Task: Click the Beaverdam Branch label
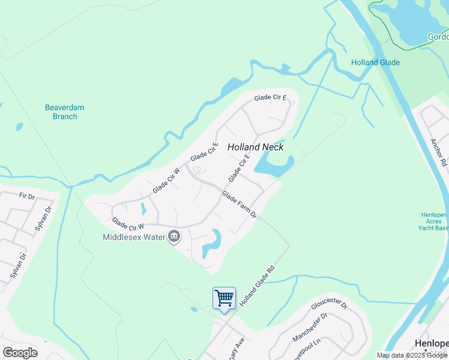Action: (65, 112)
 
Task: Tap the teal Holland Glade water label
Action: (375, 62)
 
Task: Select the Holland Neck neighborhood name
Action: (255, 147)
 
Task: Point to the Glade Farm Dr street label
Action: (239, 205)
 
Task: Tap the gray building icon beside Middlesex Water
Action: (174, 237)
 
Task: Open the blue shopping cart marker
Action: (224, 298)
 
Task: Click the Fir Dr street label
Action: (27, 196)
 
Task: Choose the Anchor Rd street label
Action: (438, 153)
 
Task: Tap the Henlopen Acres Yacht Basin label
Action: (435, 221)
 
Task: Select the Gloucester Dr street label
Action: (329, 305)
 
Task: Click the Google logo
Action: (20, 352)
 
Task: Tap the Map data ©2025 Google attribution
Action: (412, 355)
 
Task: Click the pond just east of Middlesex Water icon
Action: (212, 243)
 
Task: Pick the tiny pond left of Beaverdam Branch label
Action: (20, 127)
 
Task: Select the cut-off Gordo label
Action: (438, 37)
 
